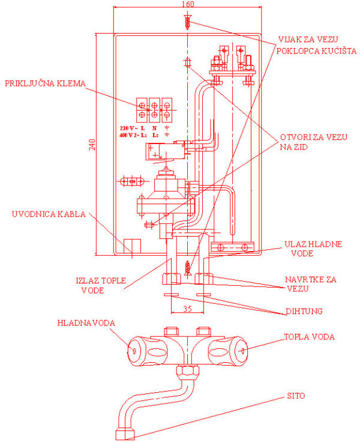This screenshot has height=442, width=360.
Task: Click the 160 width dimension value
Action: (x=188, y=5)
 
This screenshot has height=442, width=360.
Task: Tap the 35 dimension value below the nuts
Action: (x=188, y=310)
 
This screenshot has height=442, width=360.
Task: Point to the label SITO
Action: (x=296, y=396)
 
